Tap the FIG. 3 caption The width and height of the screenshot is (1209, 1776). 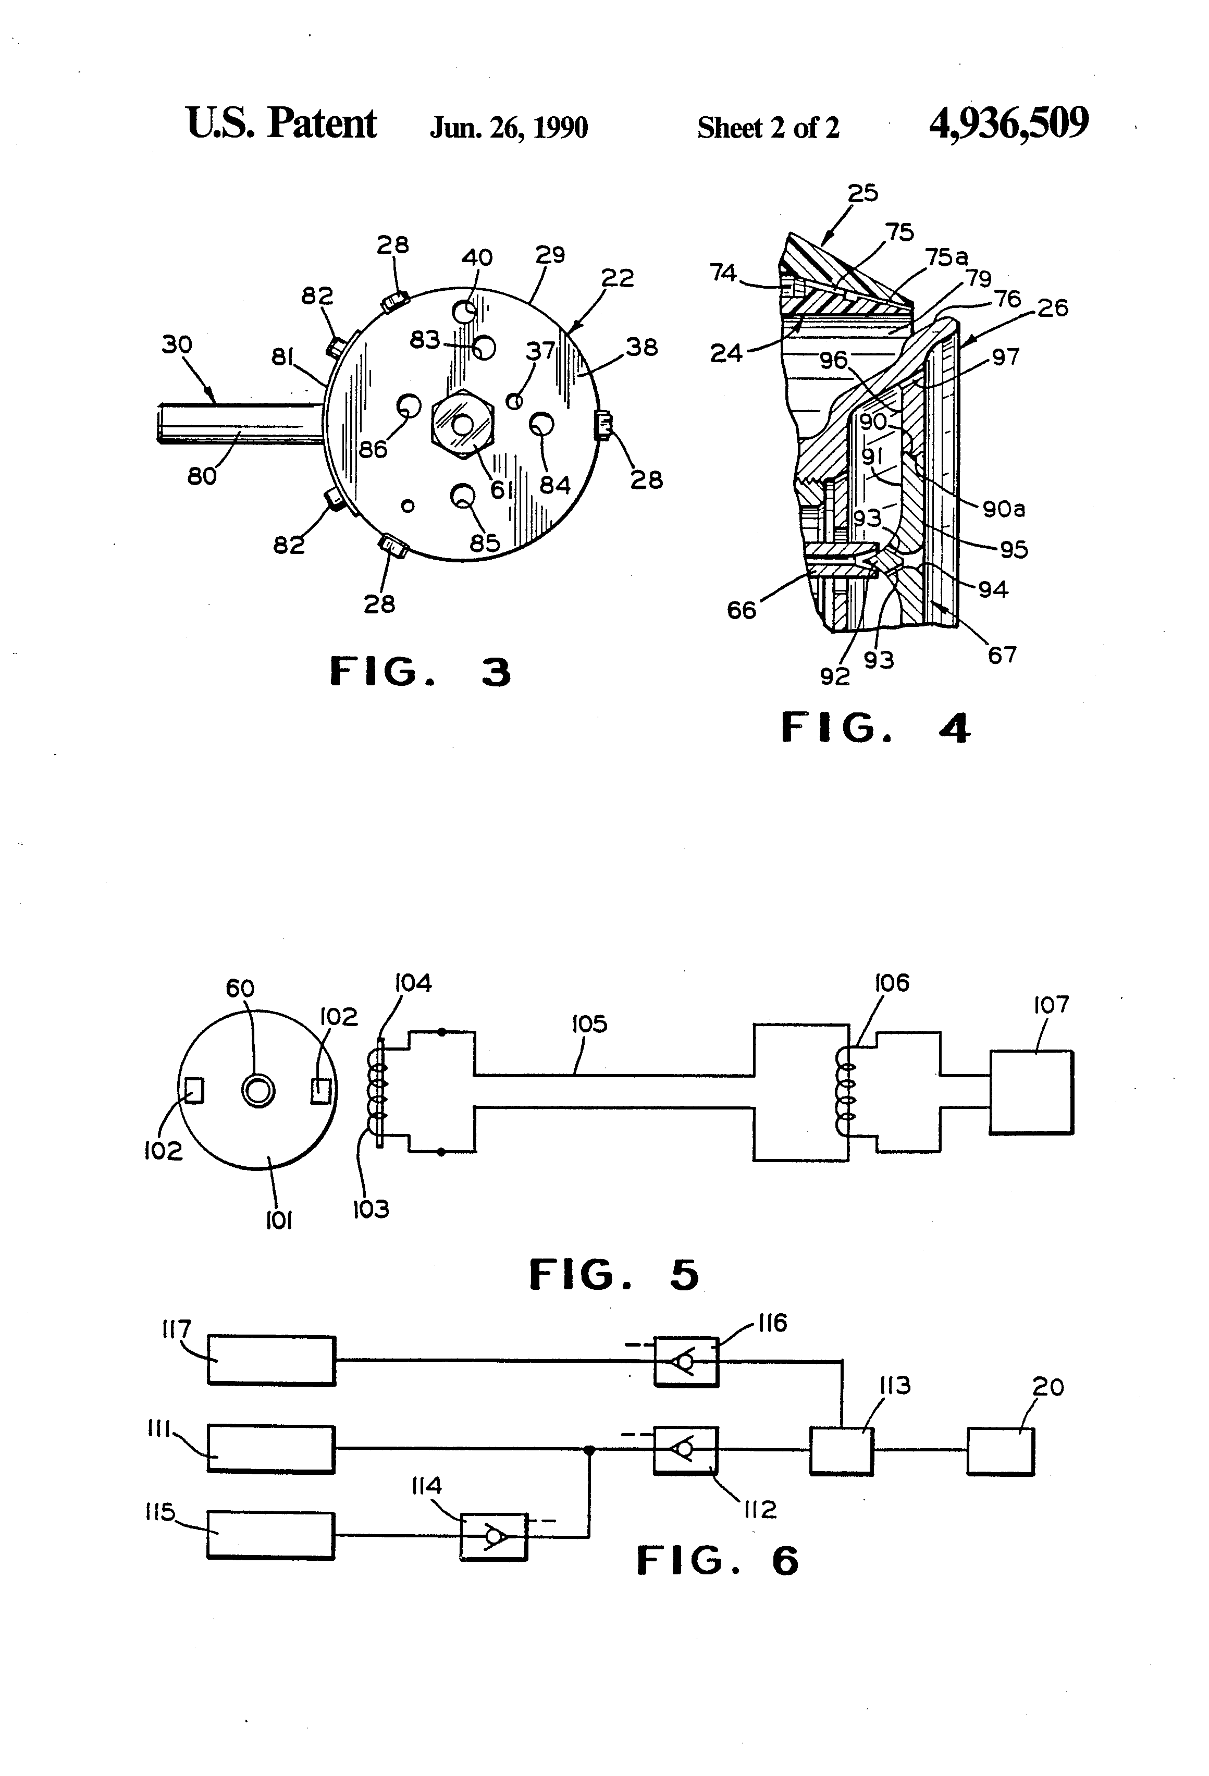(421, 672)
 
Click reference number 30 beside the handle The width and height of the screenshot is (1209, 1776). (177, 344)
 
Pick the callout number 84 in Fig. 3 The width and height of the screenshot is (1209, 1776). (555, 485)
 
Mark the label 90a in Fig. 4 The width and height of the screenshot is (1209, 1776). (1004, 509)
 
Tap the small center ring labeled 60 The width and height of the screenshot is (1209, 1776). (257, 1091)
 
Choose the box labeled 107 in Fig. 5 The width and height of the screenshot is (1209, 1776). (1031, 1092)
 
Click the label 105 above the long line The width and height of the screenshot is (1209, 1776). (589, 1023)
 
